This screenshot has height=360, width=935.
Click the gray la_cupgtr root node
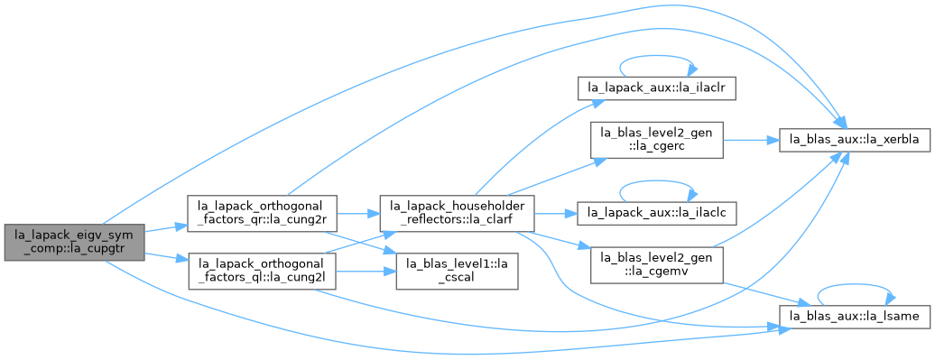point(75,242)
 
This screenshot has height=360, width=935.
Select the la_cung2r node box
point(263,213)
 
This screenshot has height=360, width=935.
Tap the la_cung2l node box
point(263,272)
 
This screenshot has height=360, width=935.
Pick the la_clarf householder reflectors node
point(458,213)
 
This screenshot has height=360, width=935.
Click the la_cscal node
point(458,272)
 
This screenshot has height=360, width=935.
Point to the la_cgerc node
point(657,140)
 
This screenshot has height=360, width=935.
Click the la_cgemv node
point(657,264)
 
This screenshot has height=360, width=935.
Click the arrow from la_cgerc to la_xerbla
point(751,140)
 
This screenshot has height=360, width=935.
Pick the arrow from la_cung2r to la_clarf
point(359,213)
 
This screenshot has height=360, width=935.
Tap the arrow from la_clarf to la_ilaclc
point(556,213)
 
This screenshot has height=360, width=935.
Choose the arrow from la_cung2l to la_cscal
point(367,272)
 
